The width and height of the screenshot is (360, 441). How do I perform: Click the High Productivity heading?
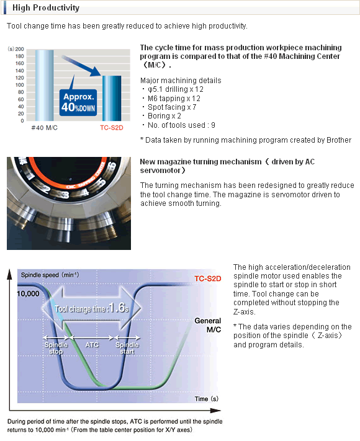tap(46, 7)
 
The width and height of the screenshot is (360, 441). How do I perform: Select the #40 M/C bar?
tap(45, 85)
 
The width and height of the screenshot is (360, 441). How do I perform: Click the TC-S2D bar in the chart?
tap(112, 98)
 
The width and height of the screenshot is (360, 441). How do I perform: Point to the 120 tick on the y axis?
tap(20, 78)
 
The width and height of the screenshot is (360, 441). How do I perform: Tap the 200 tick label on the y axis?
tap(20, 49)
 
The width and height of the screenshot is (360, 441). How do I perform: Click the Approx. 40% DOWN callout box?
tap(78, 103)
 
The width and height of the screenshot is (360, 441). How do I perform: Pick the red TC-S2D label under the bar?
tap(112, 128)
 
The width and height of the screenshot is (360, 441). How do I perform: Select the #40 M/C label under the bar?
tap(45, 128)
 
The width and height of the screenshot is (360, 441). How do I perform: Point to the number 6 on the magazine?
tap(111, 166)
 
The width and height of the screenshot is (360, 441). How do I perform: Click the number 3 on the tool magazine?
tap(65, 194)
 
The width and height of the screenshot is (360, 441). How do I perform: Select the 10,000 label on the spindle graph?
tap(28, 293)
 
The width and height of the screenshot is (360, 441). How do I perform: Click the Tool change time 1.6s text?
tap(92, 308)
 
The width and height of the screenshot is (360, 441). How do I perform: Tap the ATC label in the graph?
tap(92, 344)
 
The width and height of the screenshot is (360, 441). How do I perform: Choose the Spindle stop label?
tap(56, 348)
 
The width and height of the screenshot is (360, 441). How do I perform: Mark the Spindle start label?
tap(127, 348)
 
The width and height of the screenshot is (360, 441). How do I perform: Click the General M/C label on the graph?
tap(208, 325)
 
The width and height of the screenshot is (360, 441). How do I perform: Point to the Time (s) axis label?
tap(207, 399)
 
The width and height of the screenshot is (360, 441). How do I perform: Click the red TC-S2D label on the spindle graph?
tap(208, 278)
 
